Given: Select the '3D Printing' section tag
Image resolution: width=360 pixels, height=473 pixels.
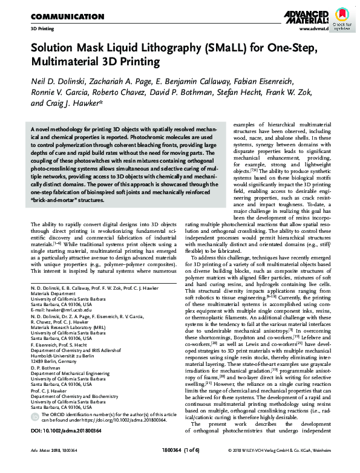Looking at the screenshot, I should click(x=42, y=28).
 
